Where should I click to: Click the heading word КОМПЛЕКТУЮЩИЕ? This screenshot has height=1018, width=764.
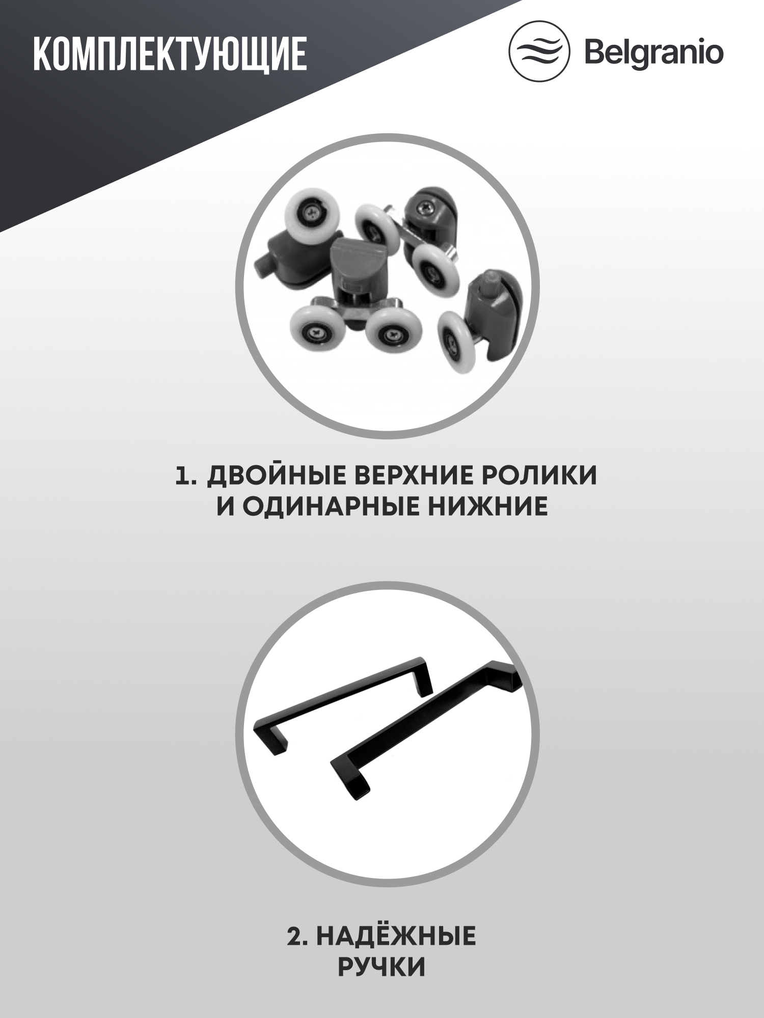[x=170, y=53]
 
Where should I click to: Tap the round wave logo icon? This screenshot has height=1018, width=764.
[x=539, y=51]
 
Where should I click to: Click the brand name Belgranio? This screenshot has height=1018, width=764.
[x=653, y=52]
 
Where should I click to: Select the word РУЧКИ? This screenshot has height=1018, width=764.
[x=381, y=967]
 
